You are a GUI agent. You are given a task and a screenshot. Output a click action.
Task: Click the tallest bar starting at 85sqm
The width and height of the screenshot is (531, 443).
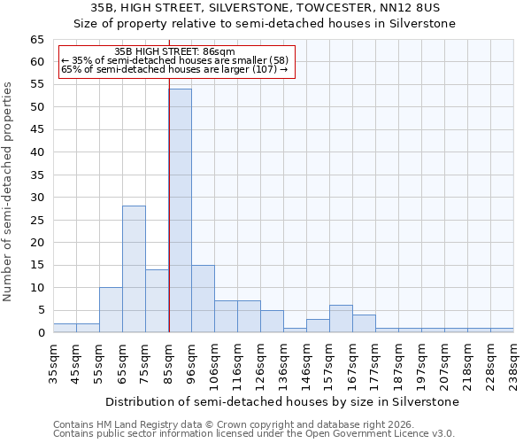click(181, 211)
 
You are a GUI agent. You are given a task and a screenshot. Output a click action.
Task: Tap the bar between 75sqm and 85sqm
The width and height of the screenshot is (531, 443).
click(157, 301)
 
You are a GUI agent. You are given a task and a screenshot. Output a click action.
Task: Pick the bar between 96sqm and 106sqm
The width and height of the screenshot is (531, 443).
click(203, 299)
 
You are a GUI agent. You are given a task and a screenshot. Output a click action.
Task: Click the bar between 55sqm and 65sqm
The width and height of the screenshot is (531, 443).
click(111, 310)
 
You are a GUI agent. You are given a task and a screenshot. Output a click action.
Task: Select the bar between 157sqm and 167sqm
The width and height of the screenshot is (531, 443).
click(341, 319)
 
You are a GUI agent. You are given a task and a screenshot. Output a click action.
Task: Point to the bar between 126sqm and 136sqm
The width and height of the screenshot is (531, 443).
click(272, 322)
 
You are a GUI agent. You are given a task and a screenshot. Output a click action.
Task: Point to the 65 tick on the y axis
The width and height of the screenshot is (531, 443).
click(37, 40)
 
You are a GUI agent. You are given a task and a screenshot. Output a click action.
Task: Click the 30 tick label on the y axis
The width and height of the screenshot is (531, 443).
click(37, 198)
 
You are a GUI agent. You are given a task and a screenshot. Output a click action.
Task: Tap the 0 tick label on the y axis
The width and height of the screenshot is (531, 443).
click(41, 333)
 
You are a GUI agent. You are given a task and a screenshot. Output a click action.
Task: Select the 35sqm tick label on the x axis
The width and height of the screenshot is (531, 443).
click(53, 363)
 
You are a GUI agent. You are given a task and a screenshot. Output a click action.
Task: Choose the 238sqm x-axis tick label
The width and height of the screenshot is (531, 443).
click(513, 363)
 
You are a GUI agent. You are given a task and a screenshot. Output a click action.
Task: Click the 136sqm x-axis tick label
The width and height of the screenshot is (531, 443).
click(283, 363)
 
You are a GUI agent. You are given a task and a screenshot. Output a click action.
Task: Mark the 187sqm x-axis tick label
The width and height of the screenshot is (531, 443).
click(398, 363)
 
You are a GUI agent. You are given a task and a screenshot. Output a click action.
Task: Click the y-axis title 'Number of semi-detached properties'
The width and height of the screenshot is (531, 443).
click(9, 191)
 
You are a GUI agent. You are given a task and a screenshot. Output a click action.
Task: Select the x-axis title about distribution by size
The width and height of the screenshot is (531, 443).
click(282, 401)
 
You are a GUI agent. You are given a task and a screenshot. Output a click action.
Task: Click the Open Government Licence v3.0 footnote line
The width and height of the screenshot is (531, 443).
click(254, 434)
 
